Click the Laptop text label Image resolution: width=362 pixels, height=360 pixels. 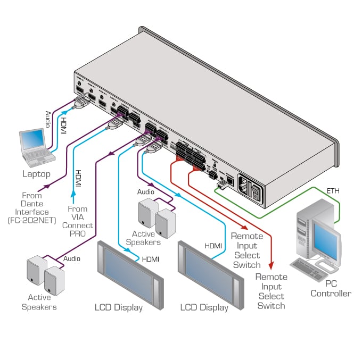coord(36,174)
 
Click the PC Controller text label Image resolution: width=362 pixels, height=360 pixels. coord(331,288)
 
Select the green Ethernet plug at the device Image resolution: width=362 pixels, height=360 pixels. coord(220,184)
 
